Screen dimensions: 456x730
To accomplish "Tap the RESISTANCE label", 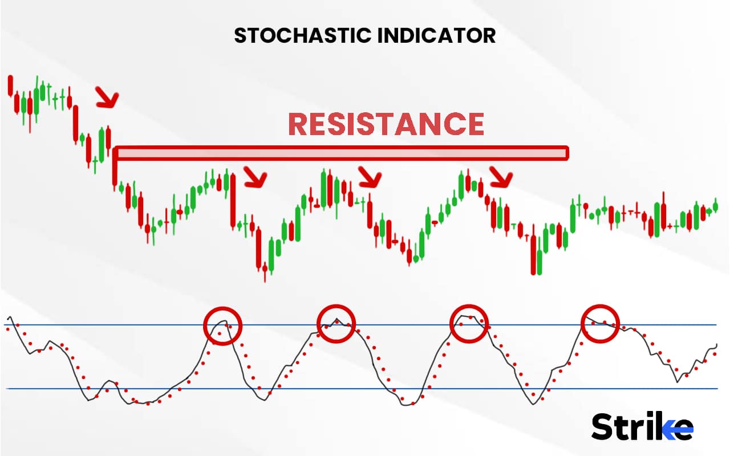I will click(x=386, y=124).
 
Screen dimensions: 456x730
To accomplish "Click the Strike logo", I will click(x=642, y=426).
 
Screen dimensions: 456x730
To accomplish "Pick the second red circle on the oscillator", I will click(x=336, y=324).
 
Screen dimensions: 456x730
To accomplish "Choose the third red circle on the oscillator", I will click(x=469, y=323).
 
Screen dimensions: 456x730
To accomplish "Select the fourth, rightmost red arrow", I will click(x=502, y=177).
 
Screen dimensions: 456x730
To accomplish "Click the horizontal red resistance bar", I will click(x=342, y=153).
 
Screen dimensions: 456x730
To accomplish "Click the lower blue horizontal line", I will click(x=365, y=389).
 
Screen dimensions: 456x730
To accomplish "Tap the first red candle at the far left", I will click(x=10, y=85).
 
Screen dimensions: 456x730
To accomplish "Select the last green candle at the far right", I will click(x=716, y=207).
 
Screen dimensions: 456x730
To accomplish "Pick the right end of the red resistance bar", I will click(x=566, y=153).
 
